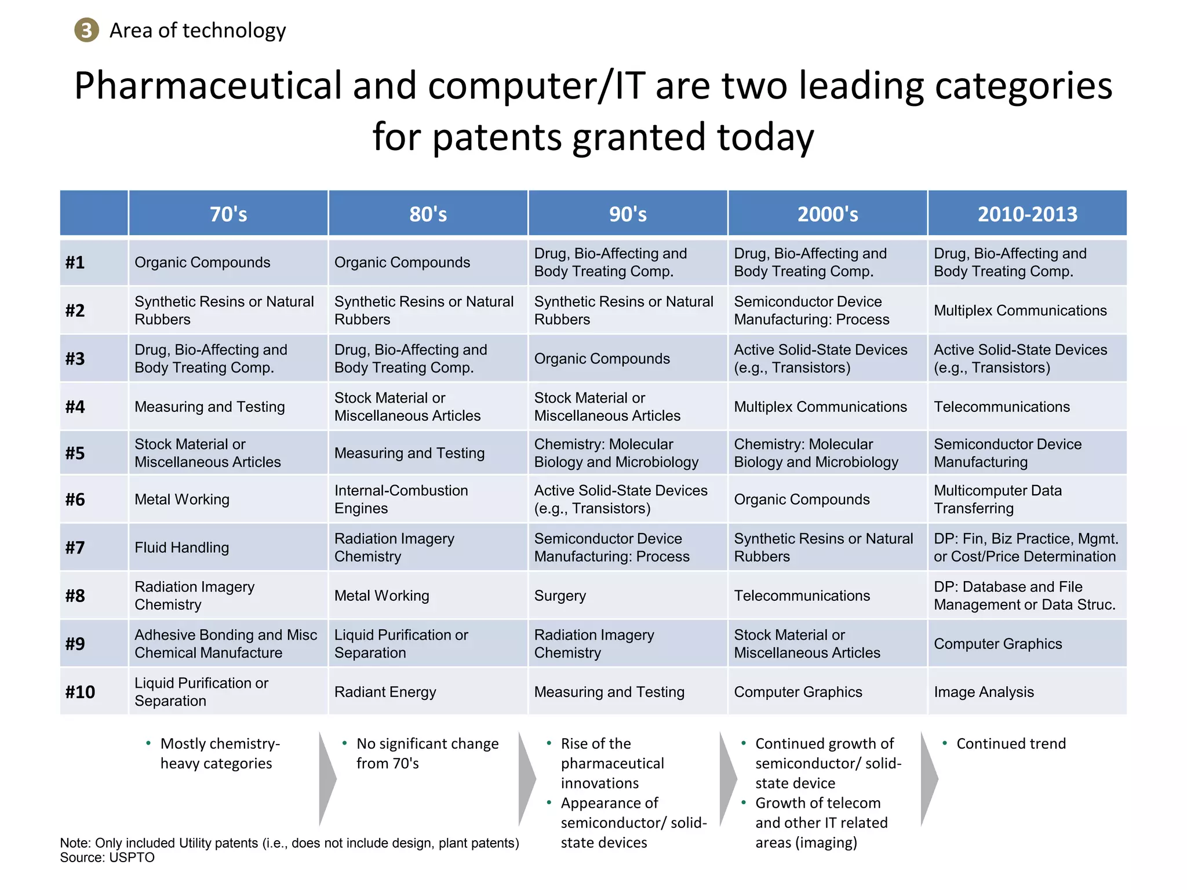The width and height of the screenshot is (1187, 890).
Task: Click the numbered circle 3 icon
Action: tap(86, 30)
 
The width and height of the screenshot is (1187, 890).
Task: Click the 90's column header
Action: tap(628, 214)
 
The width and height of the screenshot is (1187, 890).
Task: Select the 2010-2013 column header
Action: tap(1027, 214)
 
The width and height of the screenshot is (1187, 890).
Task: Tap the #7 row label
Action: tap(75, 548)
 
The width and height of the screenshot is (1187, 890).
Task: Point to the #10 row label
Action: tap(80, 692)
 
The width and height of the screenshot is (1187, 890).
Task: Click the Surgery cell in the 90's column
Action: tap(560, 596)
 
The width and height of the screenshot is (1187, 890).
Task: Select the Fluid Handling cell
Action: tap(181, 548)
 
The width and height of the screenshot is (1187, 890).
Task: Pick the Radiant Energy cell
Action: tap(385, 692)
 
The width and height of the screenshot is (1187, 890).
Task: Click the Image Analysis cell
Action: tap(984, 692)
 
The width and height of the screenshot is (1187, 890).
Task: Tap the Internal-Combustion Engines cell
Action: tap(400, 499)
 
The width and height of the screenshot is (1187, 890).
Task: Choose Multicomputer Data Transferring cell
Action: tap(997, 499)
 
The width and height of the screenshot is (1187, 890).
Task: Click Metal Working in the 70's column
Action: tap(181, 499)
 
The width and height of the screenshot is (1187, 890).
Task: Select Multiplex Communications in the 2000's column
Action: tap(820, 407)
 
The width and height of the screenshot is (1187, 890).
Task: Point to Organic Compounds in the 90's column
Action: tap(602, 359)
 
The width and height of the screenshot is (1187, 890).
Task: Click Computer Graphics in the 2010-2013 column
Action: tap(997, 644)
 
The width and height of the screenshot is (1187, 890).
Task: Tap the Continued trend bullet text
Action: tap(1010, 743)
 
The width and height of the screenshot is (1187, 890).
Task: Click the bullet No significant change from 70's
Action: tap(427, 753)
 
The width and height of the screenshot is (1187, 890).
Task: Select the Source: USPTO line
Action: tap(107, 858)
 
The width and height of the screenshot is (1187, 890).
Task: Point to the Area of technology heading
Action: tap(197, 30)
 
